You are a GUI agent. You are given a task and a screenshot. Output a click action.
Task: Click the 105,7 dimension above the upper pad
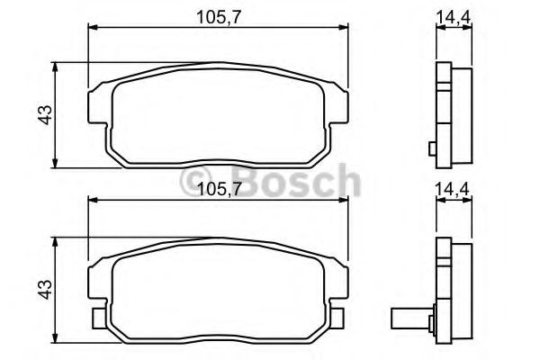(218, 17)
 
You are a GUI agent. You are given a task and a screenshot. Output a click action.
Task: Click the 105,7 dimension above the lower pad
(218, 189)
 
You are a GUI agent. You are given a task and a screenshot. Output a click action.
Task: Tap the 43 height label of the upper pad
(46, 114)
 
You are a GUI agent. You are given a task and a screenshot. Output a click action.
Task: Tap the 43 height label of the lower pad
(46, 290)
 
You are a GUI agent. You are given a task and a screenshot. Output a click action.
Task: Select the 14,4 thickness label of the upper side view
(454, 16)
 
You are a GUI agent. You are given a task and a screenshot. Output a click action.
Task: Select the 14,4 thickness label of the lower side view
(453, 189)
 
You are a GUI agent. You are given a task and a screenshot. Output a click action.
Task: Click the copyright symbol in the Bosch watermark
(195, 182)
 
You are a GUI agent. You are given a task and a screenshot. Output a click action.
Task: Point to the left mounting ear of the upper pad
(99, 106)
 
